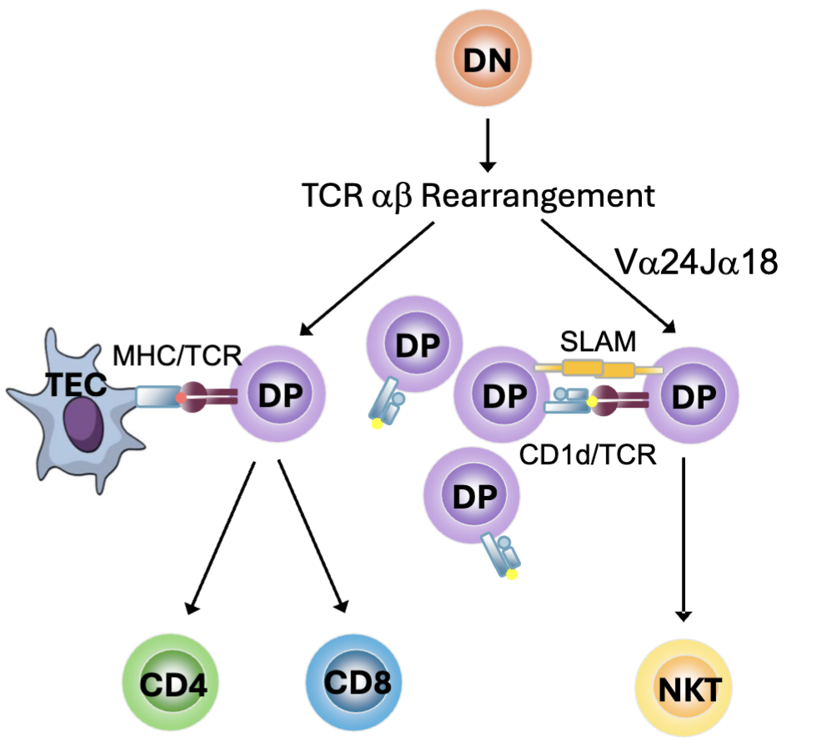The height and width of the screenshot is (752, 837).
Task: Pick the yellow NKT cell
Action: [x=684, y=689]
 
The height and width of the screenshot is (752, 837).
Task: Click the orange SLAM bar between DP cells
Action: [x=593, y=367]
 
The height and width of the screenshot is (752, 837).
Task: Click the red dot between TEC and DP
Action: [x=182, y=399]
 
